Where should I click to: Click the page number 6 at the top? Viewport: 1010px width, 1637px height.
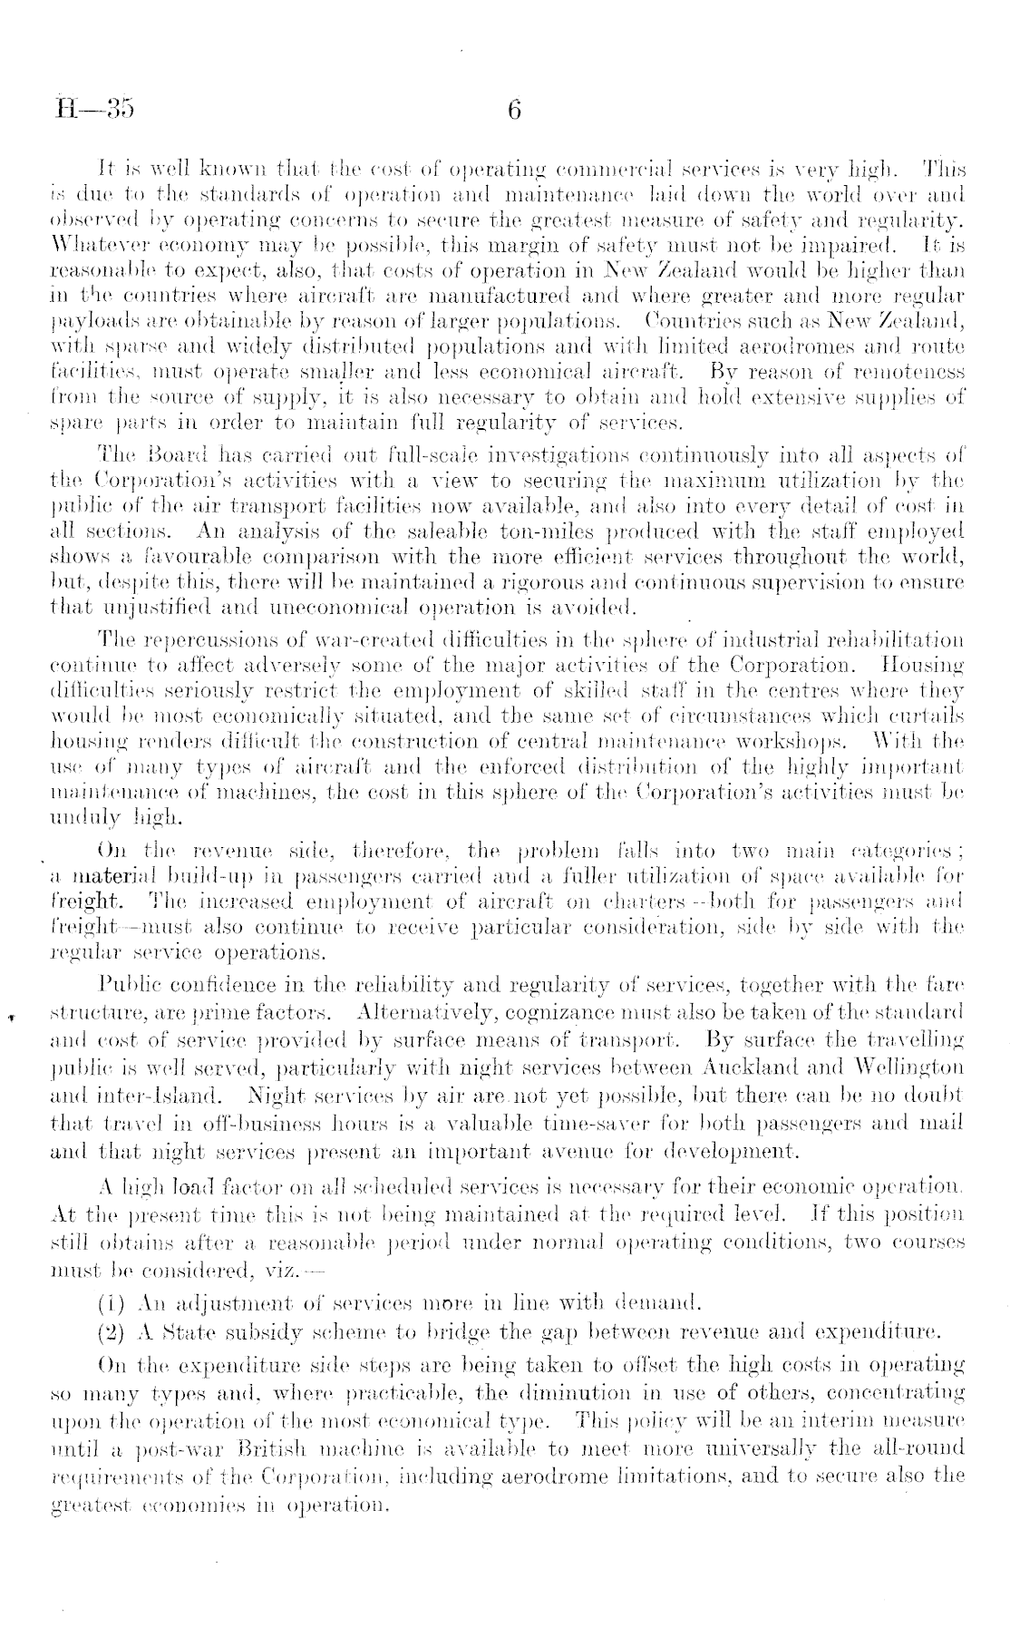514,111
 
